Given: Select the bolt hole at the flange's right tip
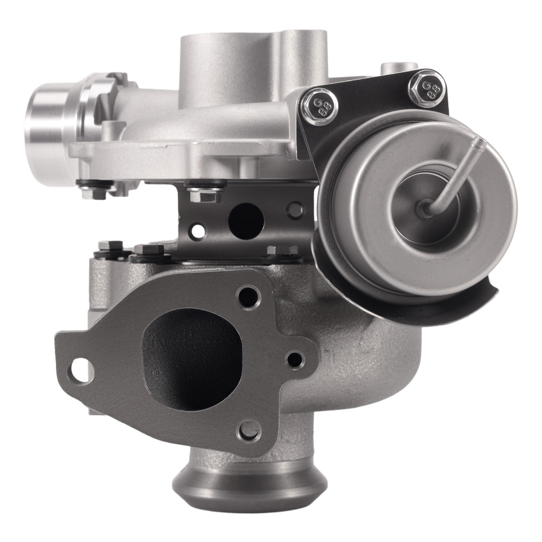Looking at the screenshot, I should pyautogui.click(x=296, y=358).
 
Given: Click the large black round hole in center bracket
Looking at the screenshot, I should pyautogui.click(x=246, y=218).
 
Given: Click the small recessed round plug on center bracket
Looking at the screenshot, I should pyautogui.click(x=296, y=209).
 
